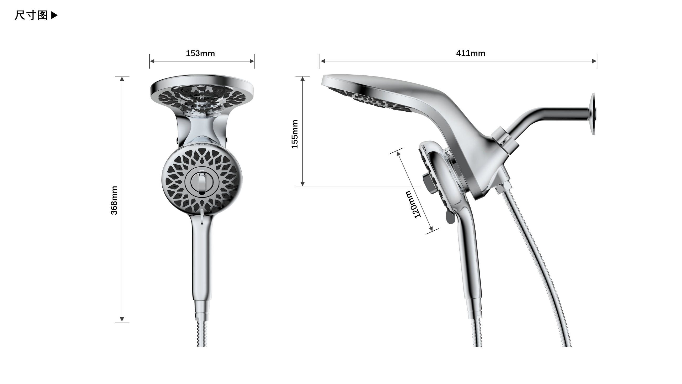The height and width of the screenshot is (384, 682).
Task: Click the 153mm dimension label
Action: click(200, 53)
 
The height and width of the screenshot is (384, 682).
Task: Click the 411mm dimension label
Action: click(471, 53)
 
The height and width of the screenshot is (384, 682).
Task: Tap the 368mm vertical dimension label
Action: click(114, 200)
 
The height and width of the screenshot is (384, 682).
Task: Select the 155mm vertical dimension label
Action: click(295, 134)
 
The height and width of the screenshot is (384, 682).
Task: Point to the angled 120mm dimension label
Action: click(413, 204)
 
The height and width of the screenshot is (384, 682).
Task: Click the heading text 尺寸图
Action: click(31, 15)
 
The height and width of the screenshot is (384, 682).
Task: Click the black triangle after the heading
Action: click(54, 15)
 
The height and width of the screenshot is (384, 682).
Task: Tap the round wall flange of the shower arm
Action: click(593, 114)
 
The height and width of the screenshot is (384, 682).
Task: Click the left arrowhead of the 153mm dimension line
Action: click(152, 61)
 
